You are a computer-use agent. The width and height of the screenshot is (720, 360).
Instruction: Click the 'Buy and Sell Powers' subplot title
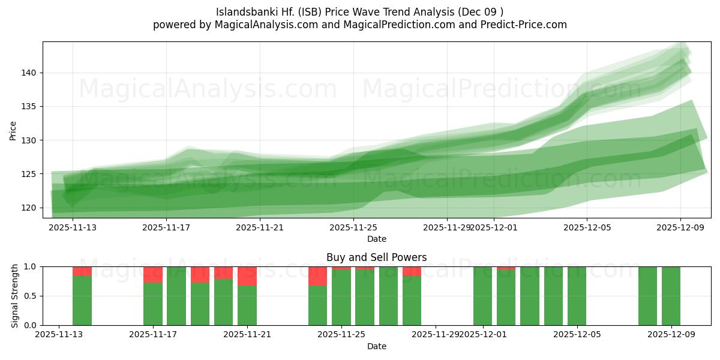[376, 257]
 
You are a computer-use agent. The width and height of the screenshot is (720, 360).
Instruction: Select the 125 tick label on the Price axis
[29, 174]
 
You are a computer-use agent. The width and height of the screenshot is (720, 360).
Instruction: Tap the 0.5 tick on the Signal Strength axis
[29, 296]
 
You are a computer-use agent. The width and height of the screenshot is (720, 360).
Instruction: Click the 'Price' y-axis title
[13, 130]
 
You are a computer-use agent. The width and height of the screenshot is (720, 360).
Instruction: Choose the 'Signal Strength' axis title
[15, 296]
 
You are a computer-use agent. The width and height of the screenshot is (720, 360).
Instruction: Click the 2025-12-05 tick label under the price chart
[587, 227]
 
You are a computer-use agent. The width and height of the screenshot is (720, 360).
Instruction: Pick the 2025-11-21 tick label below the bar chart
[247, 335]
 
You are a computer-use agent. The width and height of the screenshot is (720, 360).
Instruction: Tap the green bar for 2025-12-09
[671, 296]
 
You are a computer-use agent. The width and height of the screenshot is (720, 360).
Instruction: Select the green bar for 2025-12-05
[577, 296]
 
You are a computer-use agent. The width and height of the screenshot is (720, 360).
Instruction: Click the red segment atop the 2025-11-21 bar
[247, 276]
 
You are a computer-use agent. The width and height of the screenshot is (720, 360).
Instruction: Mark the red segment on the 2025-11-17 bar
[153, 274]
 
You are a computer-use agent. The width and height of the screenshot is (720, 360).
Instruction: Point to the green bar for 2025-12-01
[482, 296]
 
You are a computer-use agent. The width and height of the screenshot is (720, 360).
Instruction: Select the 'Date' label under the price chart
[376, 239]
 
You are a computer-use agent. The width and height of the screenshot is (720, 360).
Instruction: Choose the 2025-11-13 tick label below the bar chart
[59, 335]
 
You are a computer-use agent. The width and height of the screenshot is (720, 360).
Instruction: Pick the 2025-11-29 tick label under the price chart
[446, 227]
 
